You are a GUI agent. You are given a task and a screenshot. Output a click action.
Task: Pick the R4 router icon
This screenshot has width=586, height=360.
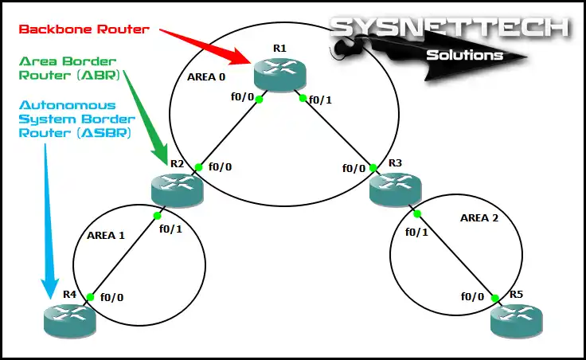[69, 319]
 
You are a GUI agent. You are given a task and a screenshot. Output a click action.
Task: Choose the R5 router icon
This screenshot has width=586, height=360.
[516, 319]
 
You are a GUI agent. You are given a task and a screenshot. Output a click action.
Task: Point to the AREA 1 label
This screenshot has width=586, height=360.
[106, 236]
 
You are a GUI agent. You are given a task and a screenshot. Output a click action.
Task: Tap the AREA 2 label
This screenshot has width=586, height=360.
[481, 217]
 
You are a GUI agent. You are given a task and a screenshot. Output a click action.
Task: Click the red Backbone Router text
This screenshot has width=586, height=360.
[84, 29]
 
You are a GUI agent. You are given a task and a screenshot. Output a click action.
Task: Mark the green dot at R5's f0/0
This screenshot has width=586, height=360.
[495, 299]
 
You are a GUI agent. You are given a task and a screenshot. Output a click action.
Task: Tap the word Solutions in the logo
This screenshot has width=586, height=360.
[465, 55]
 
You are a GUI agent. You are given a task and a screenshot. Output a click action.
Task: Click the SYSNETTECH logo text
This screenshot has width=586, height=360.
[450, 28]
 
